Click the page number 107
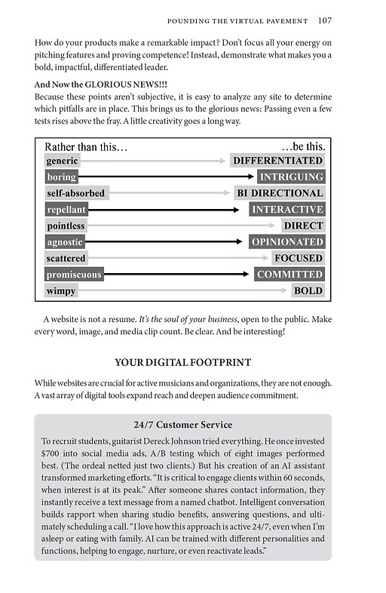tap(325, 20)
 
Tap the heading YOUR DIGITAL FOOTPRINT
tap(182, 362)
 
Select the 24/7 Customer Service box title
tap(183, 425)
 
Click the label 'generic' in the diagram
tap(62, 161)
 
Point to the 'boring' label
tap(61, 177)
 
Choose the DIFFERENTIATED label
tap(277, 161)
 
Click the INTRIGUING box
tap(290, 177)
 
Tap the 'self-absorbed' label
tap(75, 193)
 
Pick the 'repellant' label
tap(66, 210)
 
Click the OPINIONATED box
tap(286, 242)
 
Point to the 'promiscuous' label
tap(74, 275)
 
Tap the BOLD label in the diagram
tap(308, 291)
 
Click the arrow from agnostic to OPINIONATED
tap(166, 242)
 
